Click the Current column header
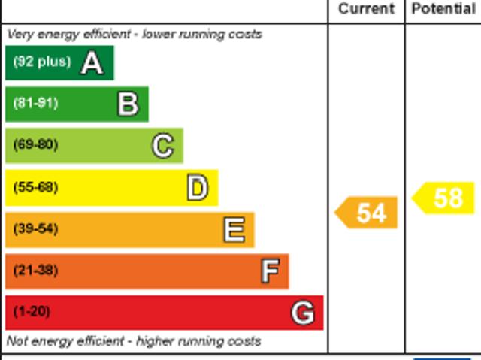coord(366,8)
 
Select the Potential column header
coord(443,8)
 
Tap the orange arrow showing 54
coord(366,213)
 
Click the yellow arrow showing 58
coord(443,198)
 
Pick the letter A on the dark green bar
coord(92,63)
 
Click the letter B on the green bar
coord(129,104)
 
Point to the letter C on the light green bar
coord(163,146)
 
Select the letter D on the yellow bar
coord(198,188)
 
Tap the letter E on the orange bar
coord(234,229)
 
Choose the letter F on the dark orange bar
coord(271,271)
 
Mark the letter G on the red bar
coord(303,313)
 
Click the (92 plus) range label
coord(42,62)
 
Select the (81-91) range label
coord(35,103)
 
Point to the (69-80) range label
coord(35,144)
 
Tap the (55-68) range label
coord(35,187)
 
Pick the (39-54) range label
coord(35,228)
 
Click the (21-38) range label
coord(35,271)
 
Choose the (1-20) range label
coord(32,312)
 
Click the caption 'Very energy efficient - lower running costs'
coord(135,35)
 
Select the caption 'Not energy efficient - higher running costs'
coord(134,341)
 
